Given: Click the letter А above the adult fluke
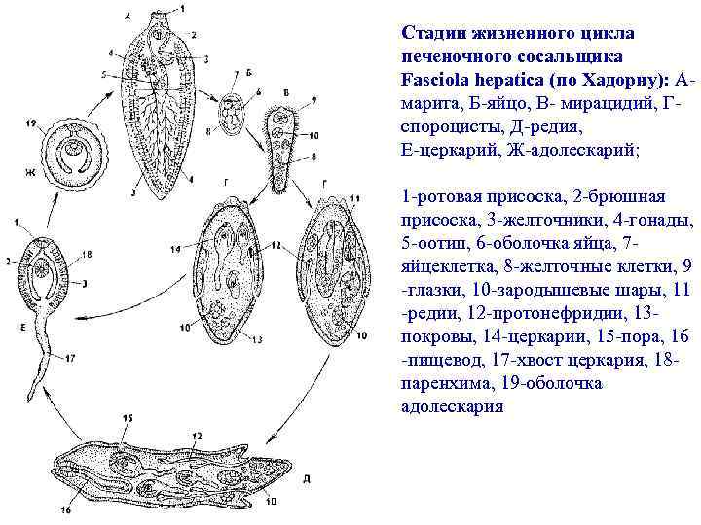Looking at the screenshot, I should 129,17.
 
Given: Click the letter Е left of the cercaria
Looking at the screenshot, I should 20,328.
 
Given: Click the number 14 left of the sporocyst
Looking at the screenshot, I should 175,249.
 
